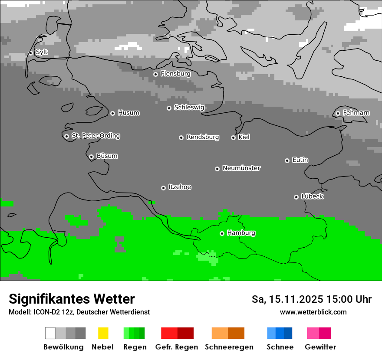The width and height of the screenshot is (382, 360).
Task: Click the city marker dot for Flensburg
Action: [x=155, y=74]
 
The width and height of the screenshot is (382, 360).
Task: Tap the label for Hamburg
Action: [x=241, y=233]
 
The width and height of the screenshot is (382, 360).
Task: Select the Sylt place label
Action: [x=42, y=52]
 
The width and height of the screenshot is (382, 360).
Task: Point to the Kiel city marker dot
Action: [x=233, y=137]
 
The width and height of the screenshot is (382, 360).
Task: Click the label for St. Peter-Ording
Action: [x=95, y=136]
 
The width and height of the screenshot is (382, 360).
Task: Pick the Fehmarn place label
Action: [x=356, y=113]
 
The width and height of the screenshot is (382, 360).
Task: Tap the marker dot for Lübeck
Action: [x=296, y=197]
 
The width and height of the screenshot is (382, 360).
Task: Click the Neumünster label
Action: [x=241, y=168]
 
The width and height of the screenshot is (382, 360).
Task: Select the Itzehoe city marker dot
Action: [x=163, y=188]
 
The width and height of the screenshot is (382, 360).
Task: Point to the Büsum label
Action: [x=107, y=156]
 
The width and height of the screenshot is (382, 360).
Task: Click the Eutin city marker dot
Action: [x=287, y=160]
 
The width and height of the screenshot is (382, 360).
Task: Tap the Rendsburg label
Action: [x=203, y=137]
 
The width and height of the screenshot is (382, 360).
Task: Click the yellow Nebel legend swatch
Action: [x=103, y=333]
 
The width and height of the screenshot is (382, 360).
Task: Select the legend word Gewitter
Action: [x=320, y=347]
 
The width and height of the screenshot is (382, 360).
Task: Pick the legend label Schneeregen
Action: [x=229, y=347]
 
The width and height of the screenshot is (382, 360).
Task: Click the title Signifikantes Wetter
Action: [x=72, y=299]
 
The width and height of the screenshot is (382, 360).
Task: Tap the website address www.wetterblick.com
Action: [x=313, y=312]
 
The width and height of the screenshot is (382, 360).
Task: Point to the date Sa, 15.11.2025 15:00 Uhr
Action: [x=312, y=299]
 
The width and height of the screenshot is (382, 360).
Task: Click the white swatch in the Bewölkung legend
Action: [x=50, y=333]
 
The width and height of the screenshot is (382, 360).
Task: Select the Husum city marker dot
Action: [x=112, y=113]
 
